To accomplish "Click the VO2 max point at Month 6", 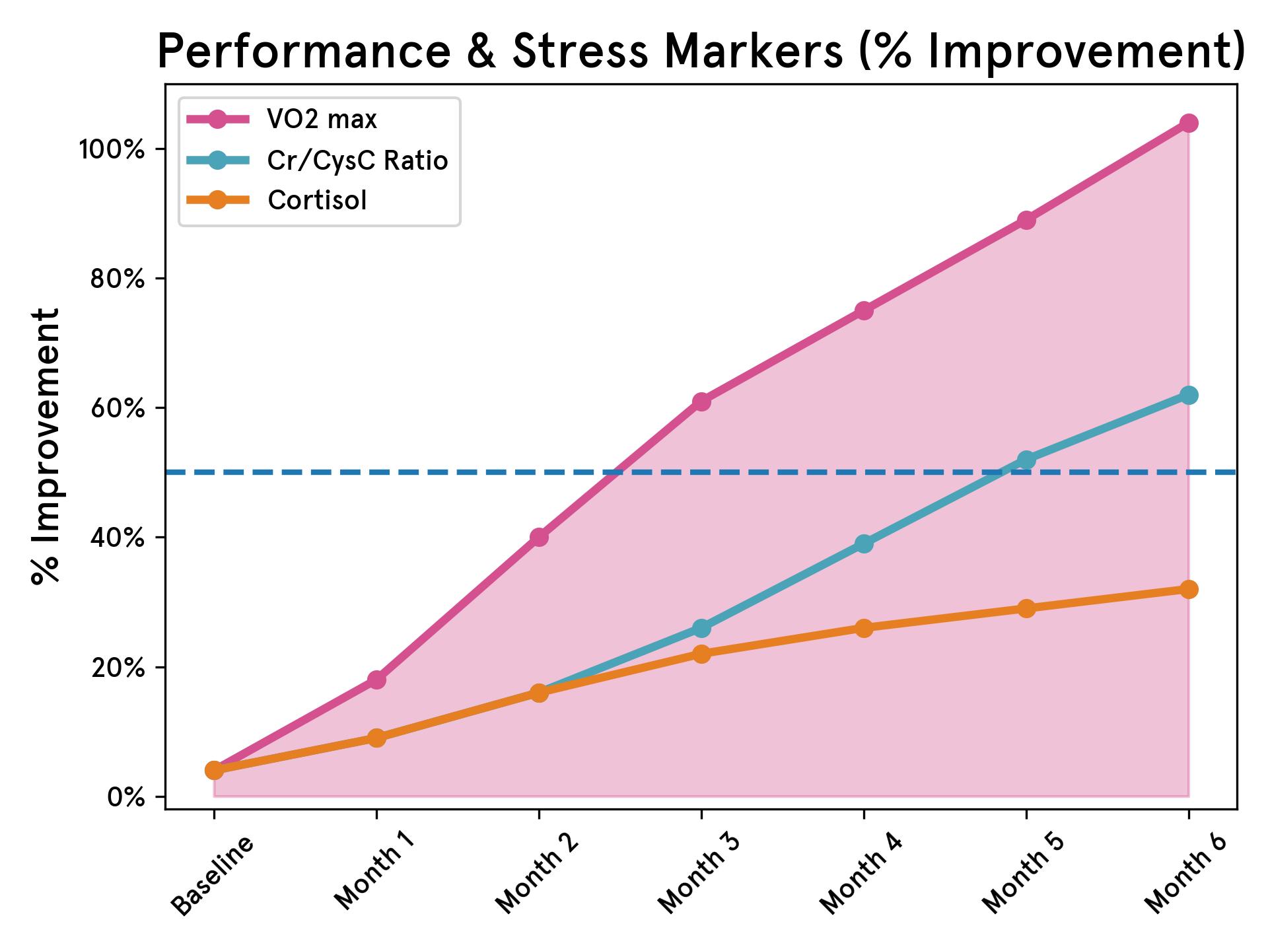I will point(1189,123).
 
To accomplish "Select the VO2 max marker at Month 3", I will point(701,402).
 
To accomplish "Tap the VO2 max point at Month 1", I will point(376,680).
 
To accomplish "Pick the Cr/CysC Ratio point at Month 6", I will point(1189,395).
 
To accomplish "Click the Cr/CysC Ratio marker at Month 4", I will point(864,544).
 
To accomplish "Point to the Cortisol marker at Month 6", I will point(1189,589).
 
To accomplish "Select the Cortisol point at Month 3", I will point(701,654).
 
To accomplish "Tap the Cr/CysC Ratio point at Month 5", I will point(1026,460).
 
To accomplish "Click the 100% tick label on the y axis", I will point(112,149).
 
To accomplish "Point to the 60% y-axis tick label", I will point(117,408).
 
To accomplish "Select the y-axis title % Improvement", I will point(46,446).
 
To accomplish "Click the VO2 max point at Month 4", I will point(864,310).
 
